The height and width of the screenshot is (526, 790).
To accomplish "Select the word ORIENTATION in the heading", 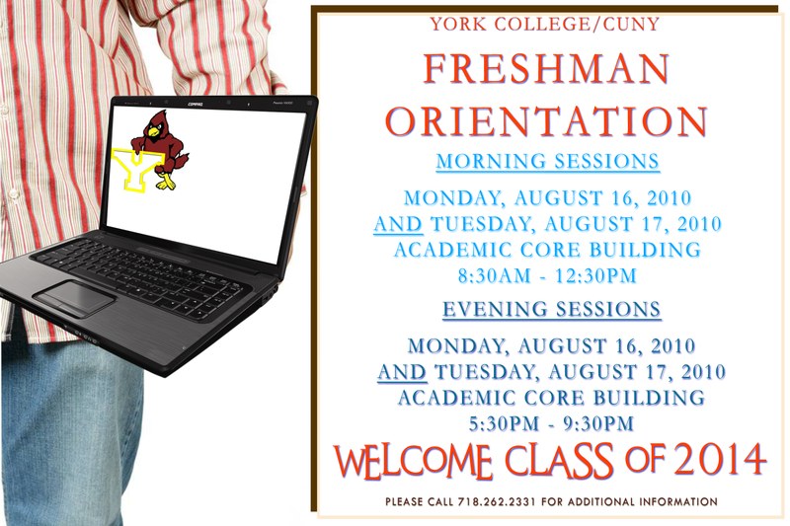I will pyautogui.click(x=546, y=120).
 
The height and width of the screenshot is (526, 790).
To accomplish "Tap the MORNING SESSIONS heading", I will pyautogui.click(x=548, y=161).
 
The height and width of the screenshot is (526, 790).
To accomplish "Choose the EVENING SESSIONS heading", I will pyautogui.click(x=551, y=310).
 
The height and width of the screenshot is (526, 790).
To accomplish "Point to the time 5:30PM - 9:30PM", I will pyautogui.click(x=551, y=423).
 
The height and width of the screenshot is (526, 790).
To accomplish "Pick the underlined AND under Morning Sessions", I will pyautogui.click(x=398, y=224).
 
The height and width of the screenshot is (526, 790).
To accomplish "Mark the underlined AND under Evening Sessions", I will pyautogui.click(x=402, y=372).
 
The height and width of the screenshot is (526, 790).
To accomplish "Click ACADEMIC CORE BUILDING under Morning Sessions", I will pyautogui.click(x=547, y=250).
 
